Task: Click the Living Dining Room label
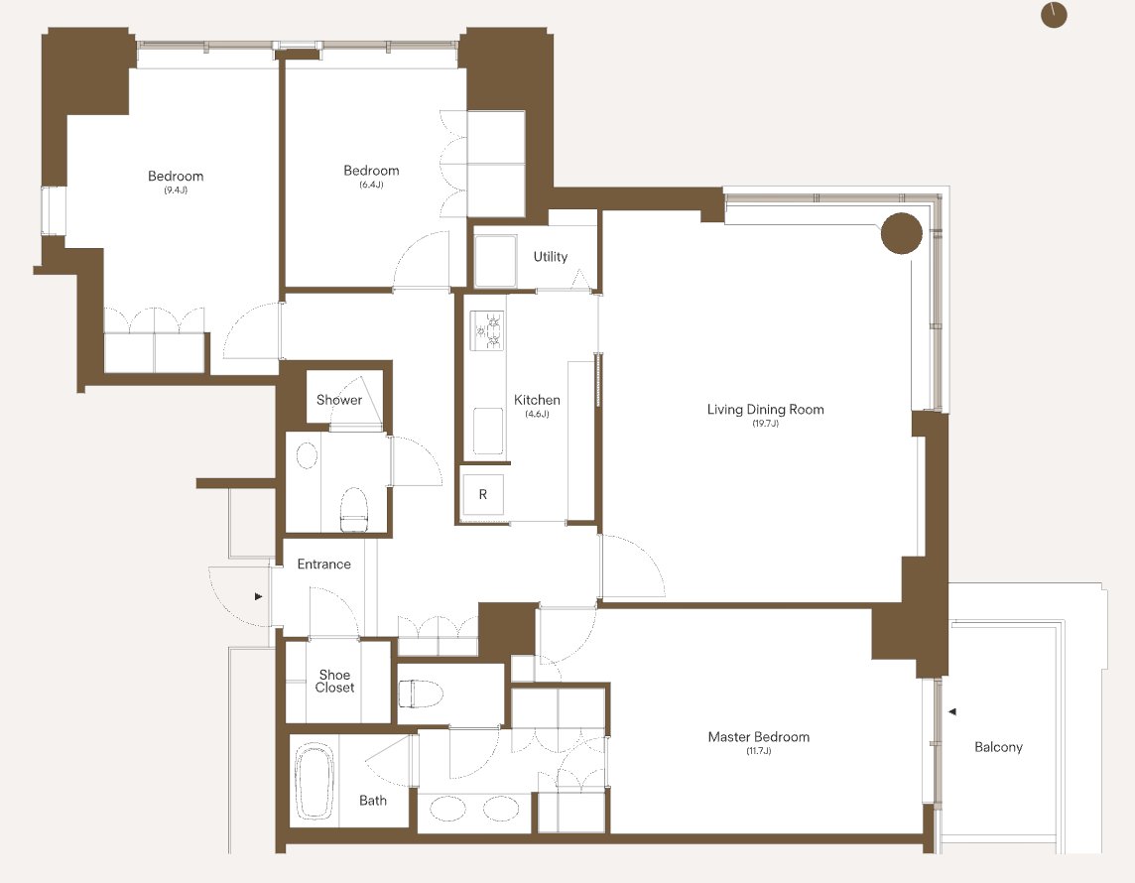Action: [x=765, y=409]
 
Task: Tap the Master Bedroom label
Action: [x=759, y=737]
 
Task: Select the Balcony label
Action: [x=998, y=747]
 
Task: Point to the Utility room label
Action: [x=550, y=256]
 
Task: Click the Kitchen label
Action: [x=537, y=400]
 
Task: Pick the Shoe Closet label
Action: [x=334, y=681]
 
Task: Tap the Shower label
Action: [x=338, y=400]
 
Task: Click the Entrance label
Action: [x=323, y=564]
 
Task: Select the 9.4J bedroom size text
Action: [x=176, y=190]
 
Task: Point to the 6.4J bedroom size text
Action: [x=371, y=185]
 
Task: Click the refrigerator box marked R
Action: [x=483, y=494]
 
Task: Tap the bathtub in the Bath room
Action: [x=315, y=781]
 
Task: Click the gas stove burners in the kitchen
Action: [x=487, y=330]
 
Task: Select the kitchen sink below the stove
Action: [x=488, y=431]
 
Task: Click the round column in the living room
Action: [x=901, y=233]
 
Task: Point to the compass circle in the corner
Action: [x=1054, y=15]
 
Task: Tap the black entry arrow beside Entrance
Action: [x=258, y=596]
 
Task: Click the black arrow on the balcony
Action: [x=952, y=711]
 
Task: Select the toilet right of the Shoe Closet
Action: [x=421, y=694]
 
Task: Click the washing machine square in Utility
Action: [x=496, y=261]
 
